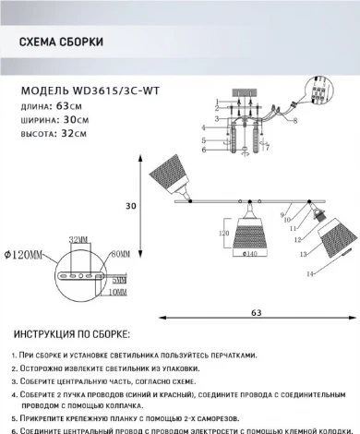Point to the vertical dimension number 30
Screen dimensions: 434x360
coord(132,206)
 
